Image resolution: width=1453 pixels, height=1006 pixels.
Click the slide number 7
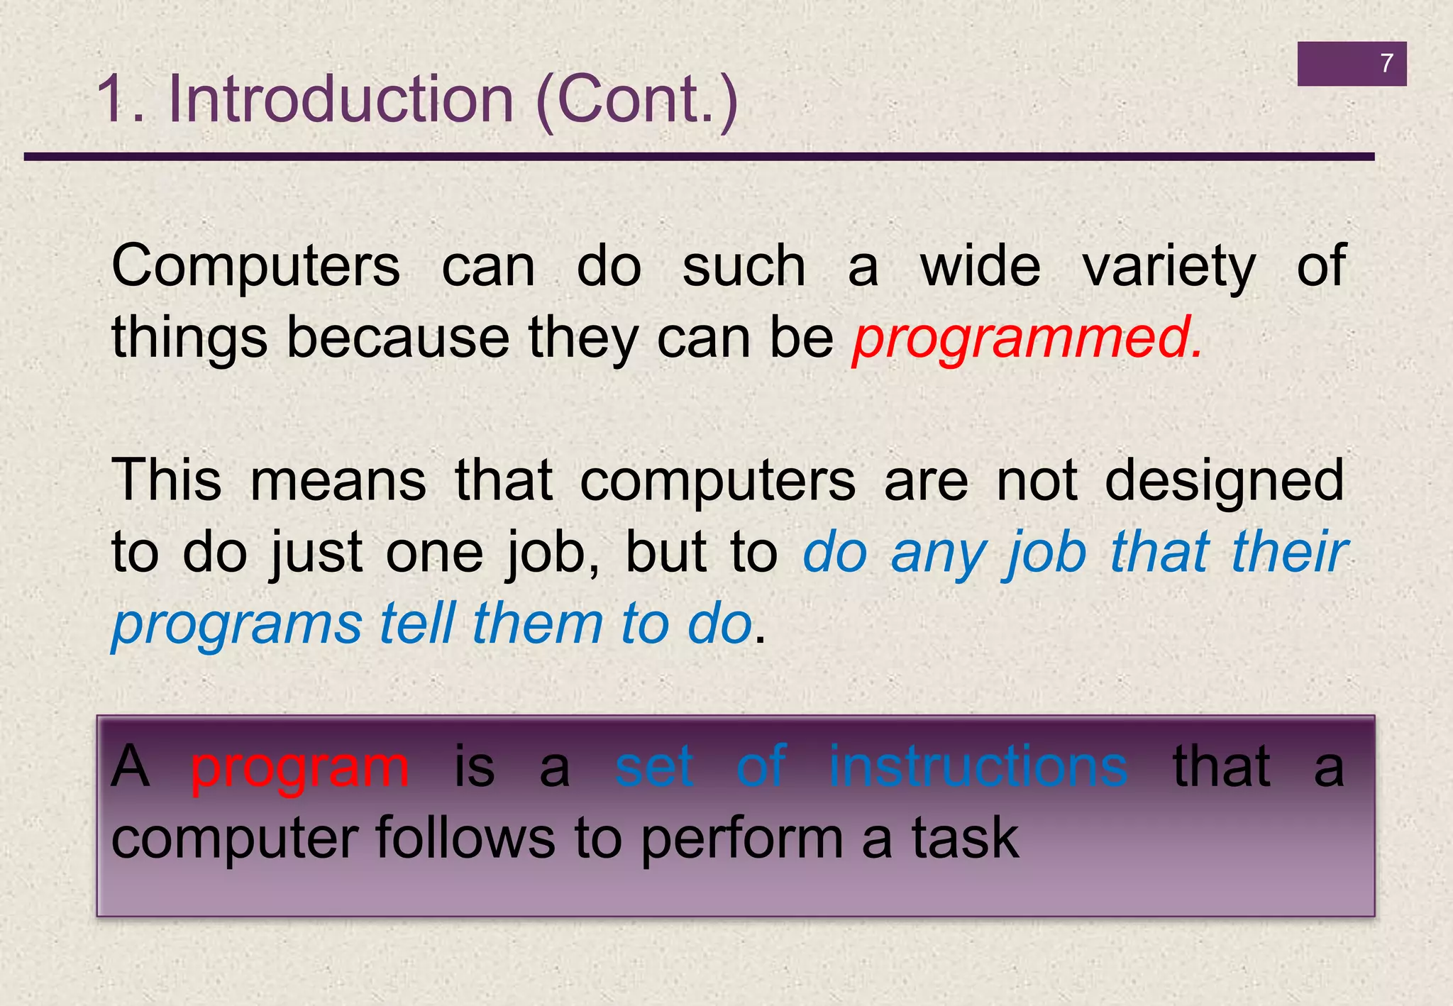coord(1386,64)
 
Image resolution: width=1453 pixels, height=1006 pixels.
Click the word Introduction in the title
coord(341,99)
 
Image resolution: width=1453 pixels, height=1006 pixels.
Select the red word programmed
coord(1027,339)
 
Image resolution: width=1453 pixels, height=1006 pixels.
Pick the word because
coord(397,338)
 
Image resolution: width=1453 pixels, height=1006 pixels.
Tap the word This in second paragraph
coord(167,480)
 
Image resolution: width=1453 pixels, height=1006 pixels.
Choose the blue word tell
coord(416,624)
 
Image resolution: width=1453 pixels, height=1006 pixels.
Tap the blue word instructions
coord(978,767)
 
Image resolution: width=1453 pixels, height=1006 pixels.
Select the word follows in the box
coord(465,839)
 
